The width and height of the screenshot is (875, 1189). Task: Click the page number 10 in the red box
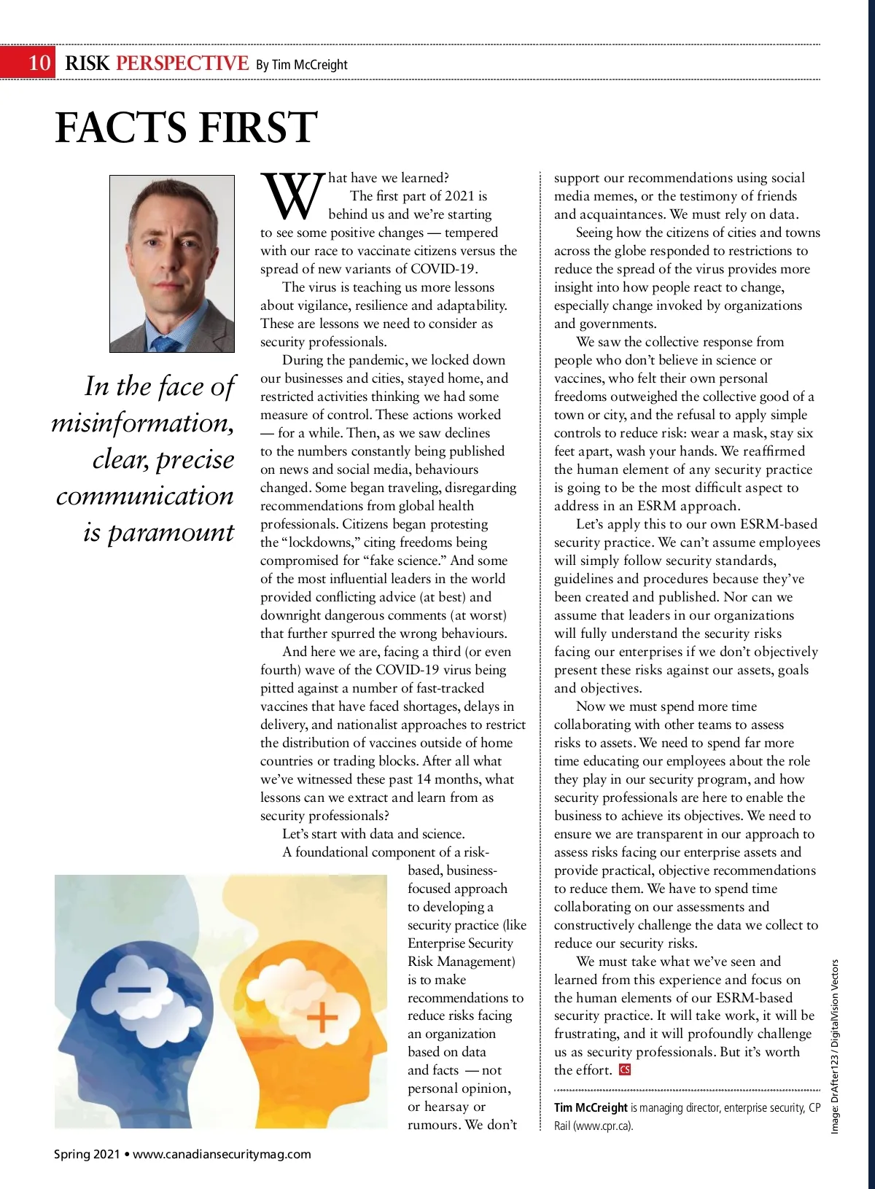pos(39,63)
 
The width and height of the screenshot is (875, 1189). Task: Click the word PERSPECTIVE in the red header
pos(182,63)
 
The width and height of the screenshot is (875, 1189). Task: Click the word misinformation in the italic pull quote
pos(143,423)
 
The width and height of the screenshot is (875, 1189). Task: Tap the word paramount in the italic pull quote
pos(171,532)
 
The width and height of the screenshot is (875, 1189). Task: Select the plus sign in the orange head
pos(322,1018)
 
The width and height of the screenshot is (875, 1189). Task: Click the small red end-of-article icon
pos(624,1070)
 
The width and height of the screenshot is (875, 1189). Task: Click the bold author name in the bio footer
pos(591,1107)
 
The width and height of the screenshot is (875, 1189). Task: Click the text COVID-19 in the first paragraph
pos(444,269)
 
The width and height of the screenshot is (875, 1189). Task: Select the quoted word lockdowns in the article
pos(316,542)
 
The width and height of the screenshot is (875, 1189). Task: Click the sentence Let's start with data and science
pos(373,834)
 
